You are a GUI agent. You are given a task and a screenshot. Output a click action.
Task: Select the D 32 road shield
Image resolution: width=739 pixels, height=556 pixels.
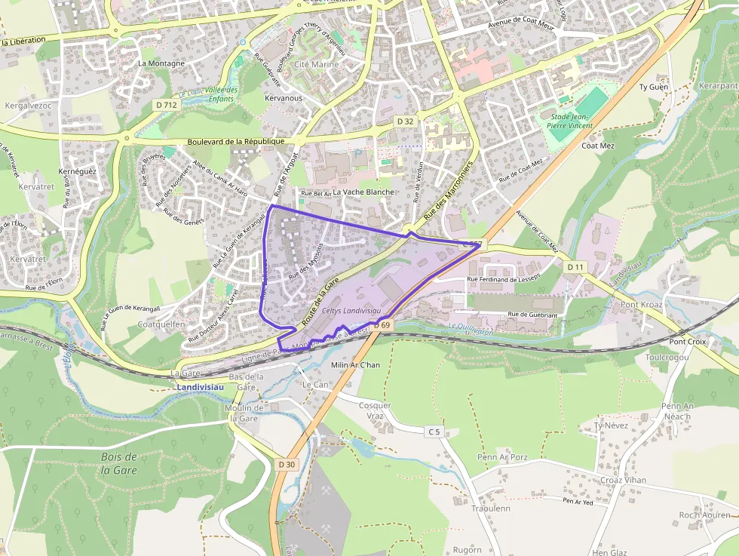click(x=405, y=121)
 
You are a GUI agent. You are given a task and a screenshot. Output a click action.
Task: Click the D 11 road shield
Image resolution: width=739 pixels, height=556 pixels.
click(x=575, y=267)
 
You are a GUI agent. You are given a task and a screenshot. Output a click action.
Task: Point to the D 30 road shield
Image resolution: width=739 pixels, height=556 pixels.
click(x=286, y=465)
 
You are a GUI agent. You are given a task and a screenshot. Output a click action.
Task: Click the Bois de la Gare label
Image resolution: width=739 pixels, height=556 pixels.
click(x=118, y=463)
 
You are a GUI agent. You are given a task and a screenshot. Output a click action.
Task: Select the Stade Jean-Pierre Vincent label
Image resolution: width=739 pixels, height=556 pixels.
click(x=571, y=121)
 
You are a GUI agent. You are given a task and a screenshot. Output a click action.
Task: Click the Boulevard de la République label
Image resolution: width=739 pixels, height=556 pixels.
click(x=235, y=141)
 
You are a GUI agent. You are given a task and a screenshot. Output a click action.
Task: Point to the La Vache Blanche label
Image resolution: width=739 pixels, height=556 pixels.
click(x=363, y=192)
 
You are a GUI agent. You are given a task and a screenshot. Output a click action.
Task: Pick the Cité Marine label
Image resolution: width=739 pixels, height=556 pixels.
click(x=316, y=65)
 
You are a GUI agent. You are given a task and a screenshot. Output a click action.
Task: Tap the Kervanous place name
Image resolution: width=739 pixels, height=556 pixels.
click(x=284, y=98)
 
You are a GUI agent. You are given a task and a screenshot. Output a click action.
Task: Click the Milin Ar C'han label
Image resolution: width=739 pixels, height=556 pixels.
click(x=355, y=366)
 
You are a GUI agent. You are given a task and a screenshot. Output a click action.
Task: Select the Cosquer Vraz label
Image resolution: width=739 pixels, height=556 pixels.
click(x=375, y=410)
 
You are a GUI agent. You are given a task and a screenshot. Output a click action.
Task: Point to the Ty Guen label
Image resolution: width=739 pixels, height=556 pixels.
click(x=654, y=88)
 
